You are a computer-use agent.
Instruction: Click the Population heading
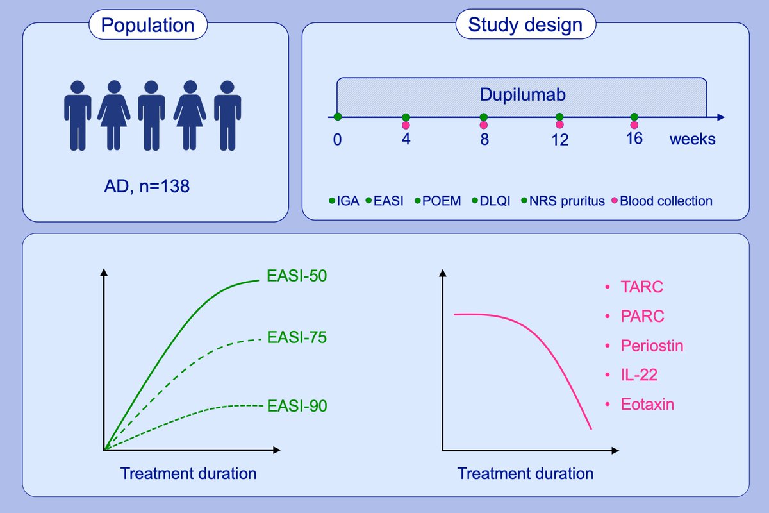(148, 26)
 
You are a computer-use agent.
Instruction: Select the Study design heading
(525, 26)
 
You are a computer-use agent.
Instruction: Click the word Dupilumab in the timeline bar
(522, 97)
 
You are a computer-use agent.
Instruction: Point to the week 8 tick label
(484, 139)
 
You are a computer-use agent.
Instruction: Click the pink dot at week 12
(559, 124)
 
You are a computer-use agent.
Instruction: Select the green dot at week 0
(338, 117)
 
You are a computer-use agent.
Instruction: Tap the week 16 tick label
(634, 139)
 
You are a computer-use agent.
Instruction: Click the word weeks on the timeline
(693, 139)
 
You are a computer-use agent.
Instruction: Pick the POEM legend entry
(438, 201)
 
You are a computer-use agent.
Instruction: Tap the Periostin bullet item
(652, 346)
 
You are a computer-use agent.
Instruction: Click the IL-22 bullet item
(639, 375)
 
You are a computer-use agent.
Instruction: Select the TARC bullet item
(641, 287)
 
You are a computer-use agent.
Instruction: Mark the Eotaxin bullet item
(647, 405)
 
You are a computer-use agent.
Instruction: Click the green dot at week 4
(406, 117)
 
